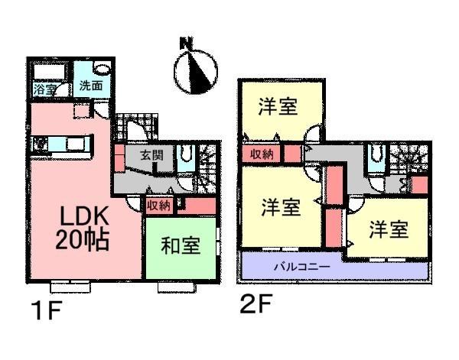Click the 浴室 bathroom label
pyautogui.click(x=44, y=89)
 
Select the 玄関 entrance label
pyautogui.click(x=151, y=155)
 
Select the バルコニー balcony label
pyautogui.click(x=301, y=268)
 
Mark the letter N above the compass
pyautogui.click(x=184, y=44)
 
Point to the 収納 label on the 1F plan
pyautogui.click(x=158, y=205)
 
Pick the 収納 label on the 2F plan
pyautogui.click(x=261, y=154)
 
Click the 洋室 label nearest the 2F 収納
pyautogui.click(x=278, y=107)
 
